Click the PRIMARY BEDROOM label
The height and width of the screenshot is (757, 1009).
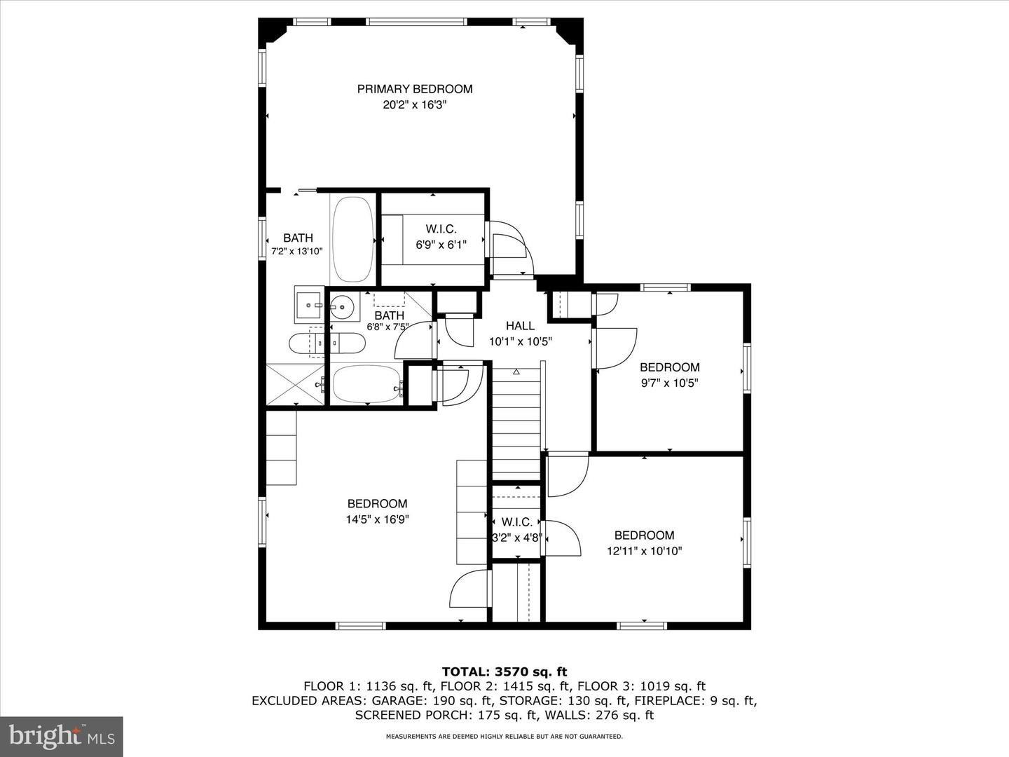click(415, 89)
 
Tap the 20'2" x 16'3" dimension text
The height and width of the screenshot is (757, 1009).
click(415, 105)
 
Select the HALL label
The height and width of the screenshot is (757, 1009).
click(520, 326)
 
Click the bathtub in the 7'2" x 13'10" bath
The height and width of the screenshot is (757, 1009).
click(353, 238)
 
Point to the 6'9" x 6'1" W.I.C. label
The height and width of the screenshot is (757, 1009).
click(441, 229)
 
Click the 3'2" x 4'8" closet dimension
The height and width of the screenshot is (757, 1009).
click(517, 538)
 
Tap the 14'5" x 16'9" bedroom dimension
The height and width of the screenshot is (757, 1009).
click(377, 519)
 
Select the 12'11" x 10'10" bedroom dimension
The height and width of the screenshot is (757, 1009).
click(644, 551)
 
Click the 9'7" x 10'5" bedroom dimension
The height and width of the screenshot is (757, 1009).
click(669, 383)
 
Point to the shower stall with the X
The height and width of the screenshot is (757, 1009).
click(295, 384)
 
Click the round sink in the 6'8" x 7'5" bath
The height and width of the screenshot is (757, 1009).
click(343, 306)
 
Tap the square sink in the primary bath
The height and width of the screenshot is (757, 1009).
click(308, 305)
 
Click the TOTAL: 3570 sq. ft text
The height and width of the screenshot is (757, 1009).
click(504, 671)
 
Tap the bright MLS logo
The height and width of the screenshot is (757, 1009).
click(62, 736)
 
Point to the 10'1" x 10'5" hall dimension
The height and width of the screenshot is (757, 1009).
click(521, 342)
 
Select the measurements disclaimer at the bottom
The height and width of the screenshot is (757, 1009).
click(504, 737)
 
